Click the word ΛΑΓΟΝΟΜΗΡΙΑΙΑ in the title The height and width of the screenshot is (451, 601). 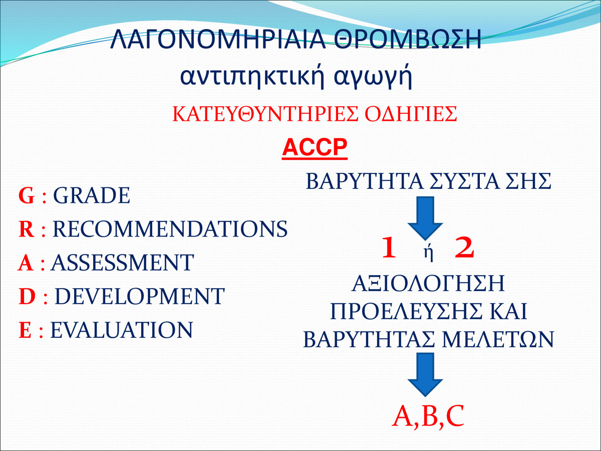click(x=218, y=39)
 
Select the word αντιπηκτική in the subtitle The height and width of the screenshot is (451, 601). click(x=252, y=76)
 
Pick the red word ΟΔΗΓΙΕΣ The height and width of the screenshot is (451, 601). click(x=411, y=114)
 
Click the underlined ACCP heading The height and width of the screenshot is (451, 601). click(x=315, y=148)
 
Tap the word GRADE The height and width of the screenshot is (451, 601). click(x=92, y=195)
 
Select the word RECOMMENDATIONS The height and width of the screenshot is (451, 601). click(x=170, y=229)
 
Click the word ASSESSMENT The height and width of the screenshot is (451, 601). click(x=122, y=263)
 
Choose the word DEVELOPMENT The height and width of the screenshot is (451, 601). click(x=140, y=296)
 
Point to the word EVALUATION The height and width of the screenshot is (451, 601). click(x=122, y=330)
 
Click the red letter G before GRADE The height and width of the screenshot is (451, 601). click(x=27, y=195)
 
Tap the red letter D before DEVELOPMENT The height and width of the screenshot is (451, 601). click(x=27, y=296)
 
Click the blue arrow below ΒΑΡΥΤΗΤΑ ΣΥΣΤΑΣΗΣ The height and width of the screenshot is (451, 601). click(x=425, y=218)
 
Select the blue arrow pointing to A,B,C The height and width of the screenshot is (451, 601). click(x=425, y=375)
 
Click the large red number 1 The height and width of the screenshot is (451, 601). click(x=389, y=248)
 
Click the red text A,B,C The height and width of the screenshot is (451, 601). click(x=428, y=416)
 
